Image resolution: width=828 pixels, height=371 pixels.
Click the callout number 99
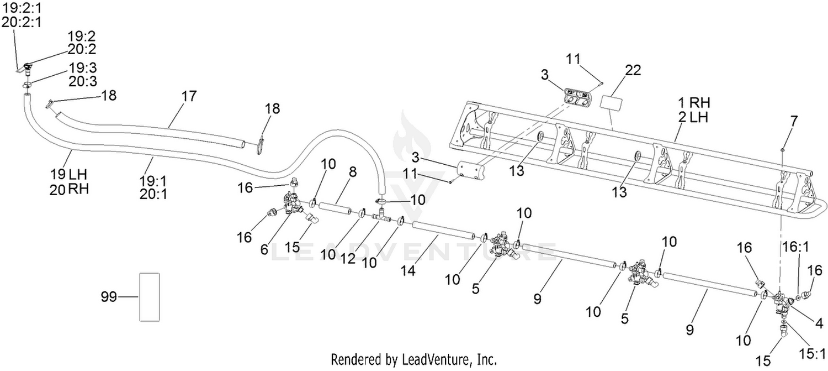(109, 296)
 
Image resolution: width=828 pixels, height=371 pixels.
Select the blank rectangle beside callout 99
(150, 297)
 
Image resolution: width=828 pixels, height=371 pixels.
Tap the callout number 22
(633, 70)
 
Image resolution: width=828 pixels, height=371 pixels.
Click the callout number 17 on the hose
(189, 96)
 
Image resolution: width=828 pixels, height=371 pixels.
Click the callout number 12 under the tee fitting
(347, 258)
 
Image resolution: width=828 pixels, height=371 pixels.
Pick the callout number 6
(263, 249)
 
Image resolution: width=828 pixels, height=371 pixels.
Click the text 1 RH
(694, 102)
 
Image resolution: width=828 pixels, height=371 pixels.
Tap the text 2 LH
(693, 117)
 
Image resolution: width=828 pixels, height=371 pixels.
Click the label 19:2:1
(22, 8)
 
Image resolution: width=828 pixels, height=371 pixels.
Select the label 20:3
(82, 81)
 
